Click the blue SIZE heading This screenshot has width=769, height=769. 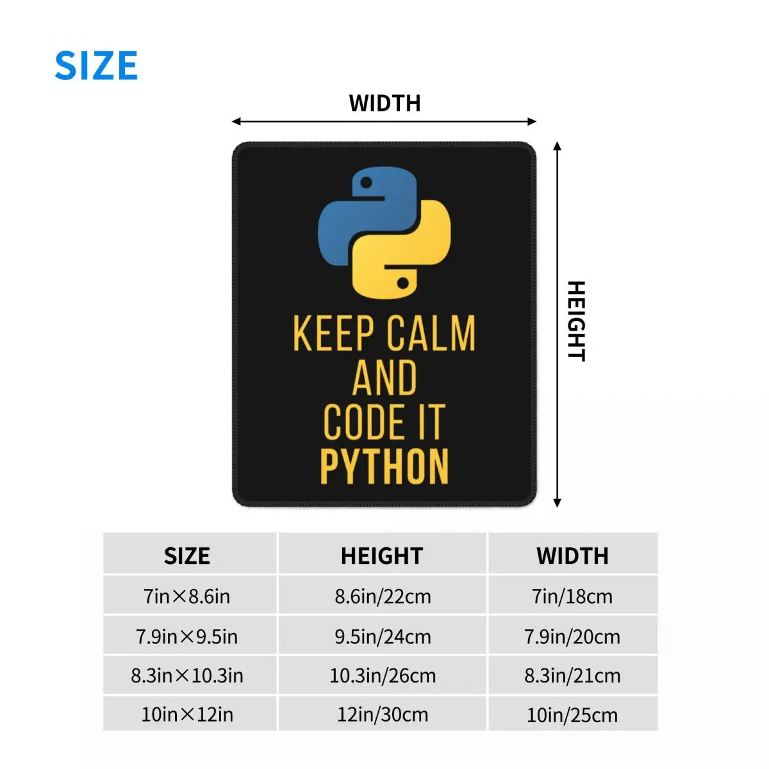pos(96,65)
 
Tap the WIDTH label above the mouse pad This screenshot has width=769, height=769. pos(384,103)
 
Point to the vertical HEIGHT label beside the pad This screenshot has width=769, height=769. pos(576,320)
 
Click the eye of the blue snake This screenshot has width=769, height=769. pos(367,183)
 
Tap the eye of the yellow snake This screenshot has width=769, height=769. pos(403,282)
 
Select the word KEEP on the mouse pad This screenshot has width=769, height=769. pos(334,333)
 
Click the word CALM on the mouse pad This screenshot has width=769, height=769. pos(431,333)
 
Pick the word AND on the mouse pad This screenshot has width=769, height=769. pos(384,378)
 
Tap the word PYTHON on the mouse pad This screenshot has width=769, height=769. pos(384,467)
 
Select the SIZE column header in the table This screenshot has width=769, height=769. pos(187,556)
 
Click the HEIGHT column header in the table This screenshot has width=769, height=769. pos(382,556)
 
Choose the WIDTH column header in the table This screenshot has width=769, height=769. pos(572,556)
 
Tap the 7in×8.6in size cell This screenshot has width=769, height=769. pos(187,597)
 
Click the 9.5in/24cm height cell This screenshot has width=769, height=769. pos(383,637)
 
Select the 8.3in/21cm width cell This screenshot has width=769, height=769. pos(572,675)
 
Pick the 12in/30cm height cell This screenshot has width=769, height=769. pos(383,715)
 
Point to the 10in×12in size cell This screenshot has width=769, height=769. pos(187,715)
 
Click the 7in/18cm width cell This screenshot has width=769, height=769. pos(572,597)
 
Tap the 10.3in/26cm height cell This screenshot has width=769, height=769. pos(383,675)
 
